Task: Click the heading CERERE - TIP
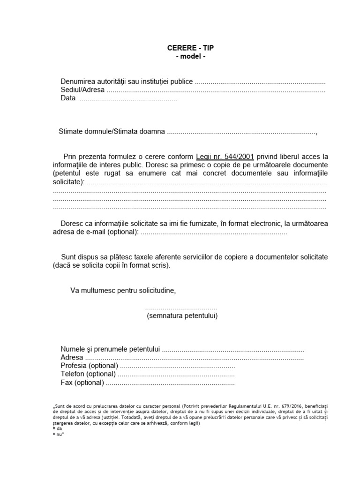(190, 48)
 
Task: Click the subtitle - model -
(190, 57)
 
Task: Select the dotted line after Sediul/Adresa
(216, 90)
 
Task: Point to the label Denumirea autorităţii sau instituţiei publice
(127, 82)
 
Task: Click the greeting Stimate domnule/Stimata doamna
(112, 132)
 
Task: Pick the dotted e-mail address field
(214, 232)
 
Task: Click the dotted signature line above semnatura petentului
(181, 308)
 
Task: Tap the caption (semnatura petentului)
(182, 316)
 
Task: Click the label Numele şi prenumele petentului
(111, 349)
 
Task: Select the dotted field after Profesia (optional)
(178, 366)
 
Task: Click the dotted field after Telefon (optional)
(176, 375)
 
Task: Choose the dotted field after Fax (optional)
(170, 383)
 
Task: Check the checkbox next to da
(54, 428)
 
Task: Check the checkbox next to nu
(54, 434)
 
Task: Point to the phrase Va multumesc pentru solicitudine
(123, 291)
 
